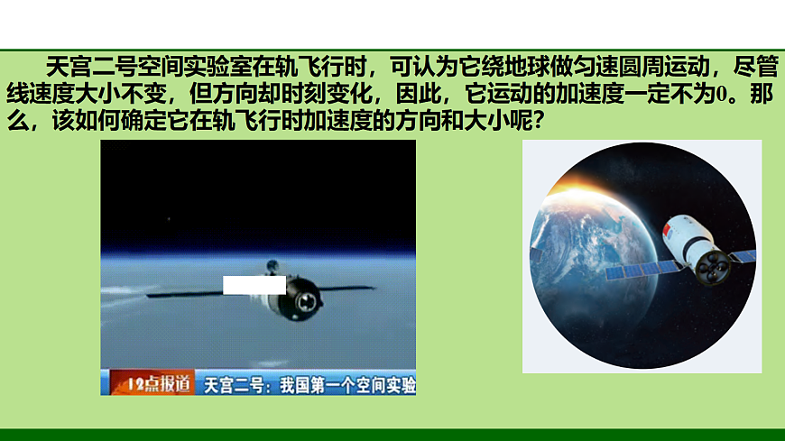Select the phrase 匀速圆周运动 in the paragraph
click(x=644, y=67)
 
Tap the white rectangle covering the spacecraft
click(x=254, y=285)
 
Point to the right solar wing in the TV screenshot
click(x=346, y=289)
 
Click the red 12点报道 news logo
click(x=147, y=384)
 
